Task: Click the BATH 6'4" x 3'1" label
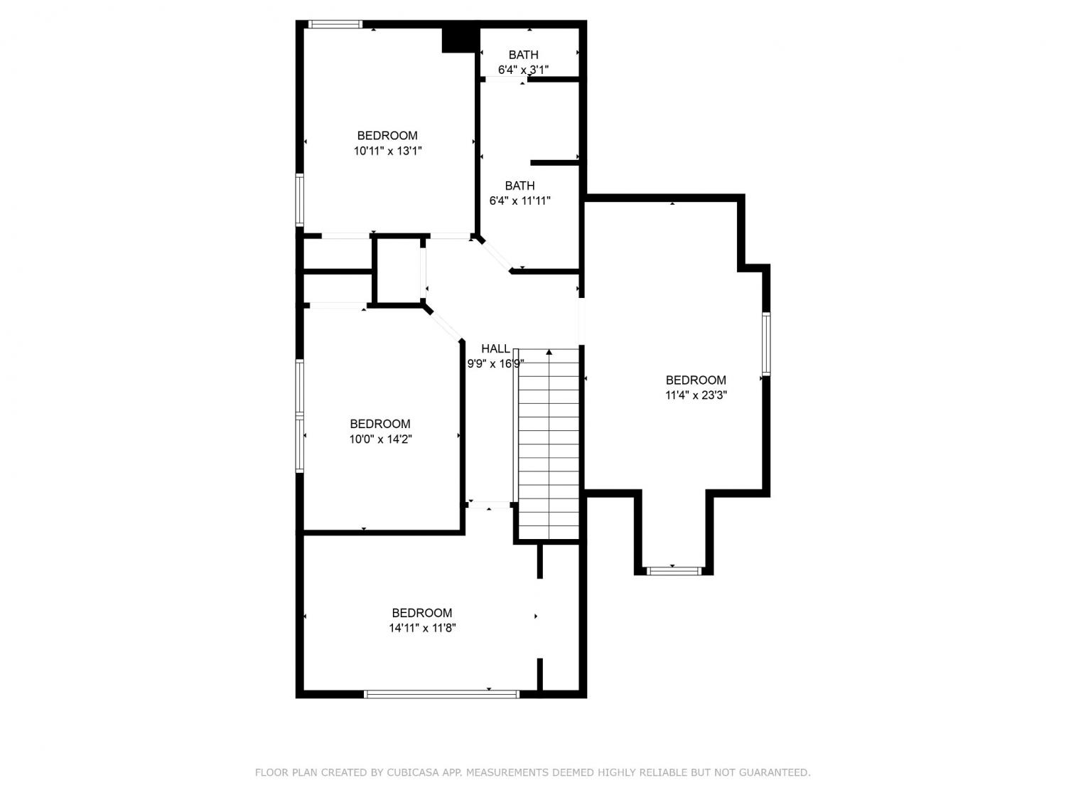(x=523, y=62)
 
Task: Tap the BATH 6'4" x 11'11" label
(x=519, y=193)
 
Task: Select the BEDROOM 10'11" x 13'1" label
(x=387, y=143)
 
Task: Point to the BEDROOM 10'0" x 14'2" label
(x=380, y=432)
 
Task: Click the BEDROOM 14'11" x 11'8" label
(x=422, y=620)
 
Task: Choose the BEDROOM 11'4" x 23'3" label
(x=696, y=387)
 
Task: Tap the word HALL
(x=495, y=348)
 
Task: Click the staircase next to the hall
(x=549, y=444)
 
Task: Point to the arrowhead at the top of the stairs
(x=549, y=352)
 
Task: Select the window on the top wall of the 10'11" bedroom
(x=335, y=24)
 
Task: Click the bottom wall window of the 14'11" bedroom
(x=441, y=694)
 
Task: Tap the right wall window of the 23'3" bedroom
(x=766, y=344)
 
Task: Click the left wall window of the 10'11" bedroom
(x=300, y=200)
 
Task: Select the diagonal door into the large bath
(x=496, y=255)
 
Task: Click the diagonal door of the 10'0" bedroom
(x=445, y=324)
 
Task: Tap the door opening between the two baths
(x=507, y=79)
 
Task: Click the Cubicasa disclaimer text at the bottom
(x=533, y=772)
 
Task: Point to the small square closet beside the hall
(x=399, y=270)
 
